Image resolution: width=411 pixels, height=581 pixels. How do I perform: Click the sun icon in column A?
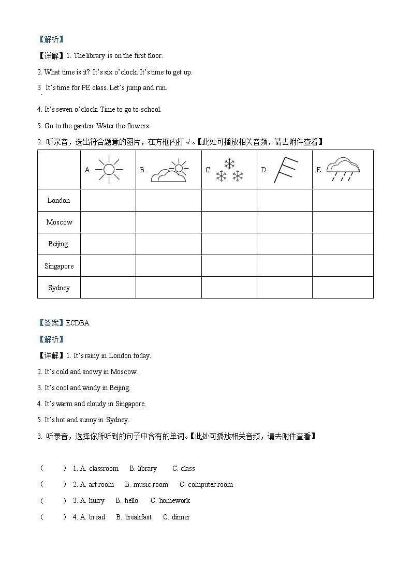109,169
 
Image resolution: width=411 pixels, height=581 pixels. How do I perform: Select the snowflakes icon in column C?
229,170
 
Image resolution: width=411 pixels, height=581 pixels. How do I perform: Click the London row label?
58,200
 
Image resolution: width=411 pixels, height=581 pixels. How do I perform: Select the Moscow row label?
59,222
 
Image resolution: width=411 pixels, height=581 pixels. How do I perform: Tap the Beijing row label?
58,244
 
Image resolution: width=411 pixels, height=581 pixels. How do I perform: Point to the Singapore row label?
59,266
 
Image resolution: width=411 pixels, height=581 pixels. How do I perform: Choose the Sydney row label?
58,288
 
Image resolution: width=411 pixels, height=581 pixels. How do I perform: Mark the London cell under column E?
343,200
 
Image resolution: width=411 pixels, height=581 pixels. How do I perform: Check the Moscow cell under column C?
229,222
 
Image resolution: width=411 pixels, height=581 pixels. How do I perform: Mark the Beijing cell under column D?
284,244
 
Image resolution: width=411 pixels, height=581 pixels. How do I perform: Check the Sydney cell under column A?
108,288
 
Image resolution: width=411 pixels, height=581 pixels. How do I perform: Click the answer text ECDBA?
78,323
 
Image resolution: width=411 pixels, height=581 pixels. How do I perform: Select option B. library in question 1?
143,468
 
